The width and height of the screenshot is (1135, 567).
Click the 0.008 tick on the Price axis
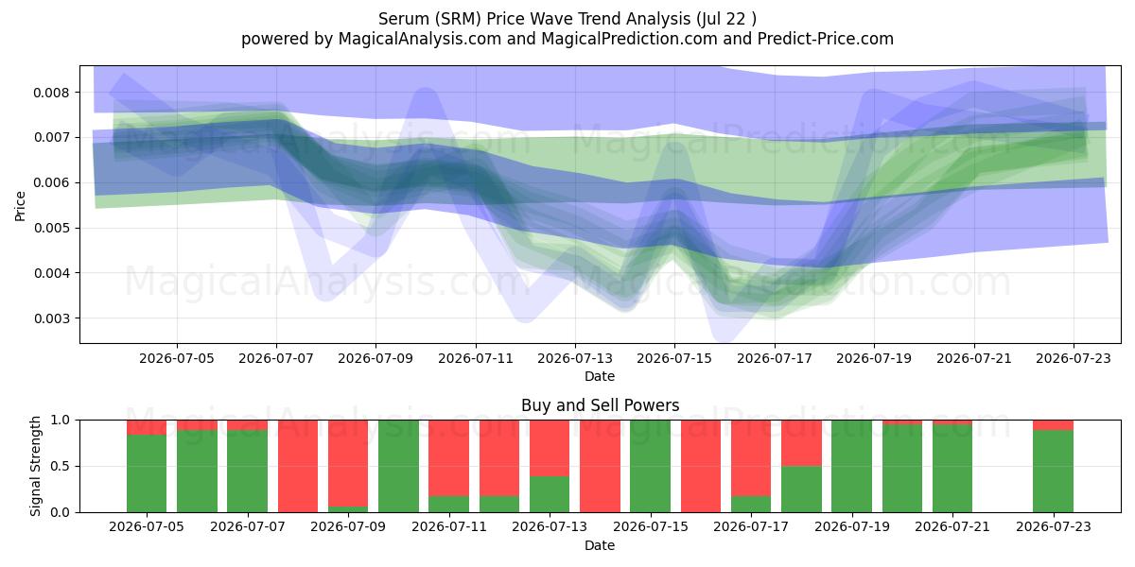click(x=51, y=93)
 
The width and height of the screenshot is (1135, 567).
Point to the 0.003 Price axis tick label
click(x=51, y=318)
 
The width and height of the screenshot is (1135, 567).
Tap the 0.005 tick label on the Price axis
click(x=51, y=229)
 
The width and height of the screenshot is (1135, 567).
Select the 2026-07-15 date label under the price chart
click(x=674, y=358)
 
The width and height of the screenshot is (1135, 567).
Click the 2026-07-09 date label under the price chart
click(x=375, y=358)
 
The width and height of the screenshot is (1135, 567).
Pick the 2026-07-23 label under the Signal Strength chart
click(x=1054, y=526)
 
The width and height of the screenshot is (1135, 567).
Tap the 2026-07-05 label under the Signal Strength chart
click(x=147, y=526)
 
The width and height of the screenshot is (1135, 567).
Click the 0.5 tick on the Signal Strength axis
click(x=61, y=466)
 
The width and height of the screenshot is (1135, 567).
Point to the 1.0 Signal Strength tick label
click(x=61, y=421)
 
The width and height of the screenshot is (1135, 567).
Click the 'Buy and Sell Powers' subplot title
click(x=600, y=405)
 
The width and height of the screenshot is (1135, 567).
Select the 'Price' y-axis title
click(x=20, y=207)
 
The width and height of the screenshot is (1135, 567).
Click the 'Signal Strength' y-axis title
click(x=35, y=466)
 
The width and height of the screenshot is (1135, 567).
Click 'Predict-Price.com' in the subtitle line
click(x=826, y=39)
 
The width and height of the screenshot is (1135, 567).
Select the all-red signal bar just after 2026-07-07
click(x=298, y=466)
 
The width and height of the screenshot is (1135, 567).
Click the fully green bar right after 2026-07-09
click(x=399, y=466)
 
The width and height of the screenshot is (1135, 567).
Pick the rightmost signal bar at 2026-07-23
click(x=1053, y=466)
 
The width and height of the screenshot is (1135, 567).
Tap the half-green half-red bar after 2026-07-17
click(x=801, y=466)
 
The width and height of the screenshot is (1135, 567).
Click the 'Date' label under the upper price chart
click(x=600, y=377)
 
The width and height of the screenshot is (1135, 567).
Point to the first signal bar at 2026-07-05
click(x=147, y=466)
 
